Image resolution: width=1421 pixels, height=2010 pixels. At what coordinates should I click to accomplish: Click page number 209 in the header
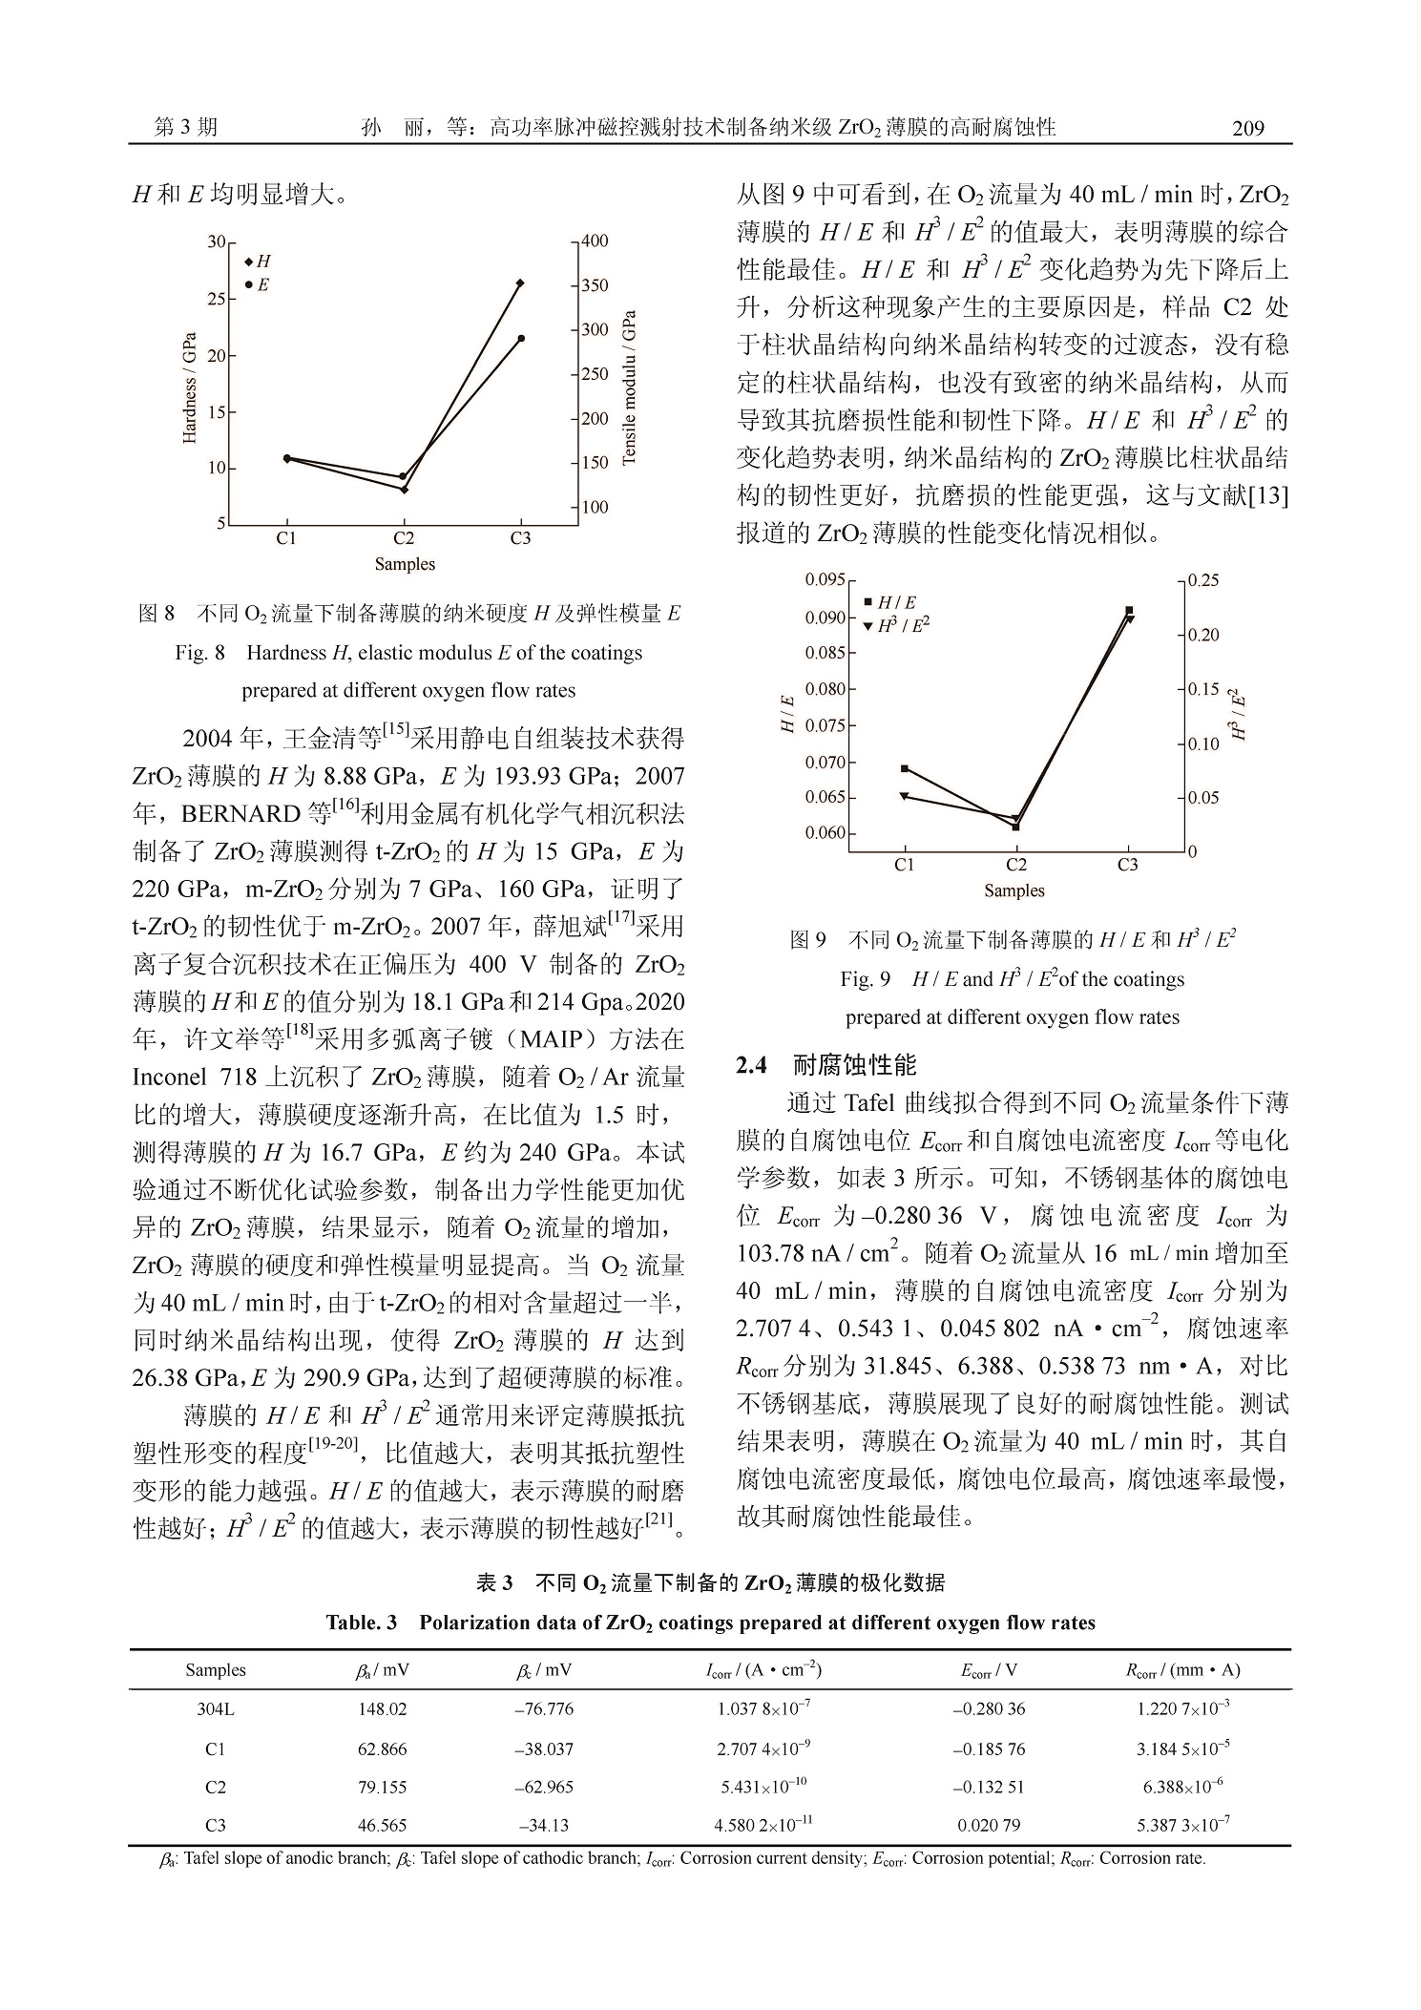tap(1247, 129)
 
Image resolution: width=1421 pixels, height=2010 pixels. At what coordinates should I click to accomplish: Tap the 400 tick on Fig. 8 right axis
tap(595, 241)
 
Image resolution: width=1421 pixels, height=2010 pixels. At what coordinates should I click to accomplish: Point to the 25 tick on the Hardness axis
tap(217, 300)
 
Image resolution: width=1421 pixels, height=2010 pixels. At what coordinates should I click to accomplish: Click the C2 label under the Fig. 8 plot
tap(404, 538)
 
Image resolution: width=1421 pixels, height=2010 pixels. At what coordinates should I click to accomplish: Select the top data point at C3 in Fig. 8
tap(520, 283)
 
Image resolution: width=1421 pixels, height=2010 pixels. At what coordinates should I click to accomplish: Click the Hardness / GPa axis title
tap(190, 387)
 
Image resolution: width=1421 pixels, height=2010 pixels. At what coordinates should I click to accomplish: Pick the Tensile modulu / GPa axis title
tap(628, 387)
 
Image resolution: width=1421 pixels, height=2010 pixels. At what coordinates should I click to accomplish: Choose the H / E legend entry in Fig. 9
tap(891, 602)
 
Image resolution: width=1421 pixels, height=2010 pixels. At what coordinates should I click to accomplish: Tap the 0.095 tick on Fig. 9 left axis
tap(825, 580)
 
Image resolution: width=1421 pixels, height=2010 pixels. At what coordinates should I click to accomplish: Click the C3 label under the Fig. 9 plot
tap(1128, 865)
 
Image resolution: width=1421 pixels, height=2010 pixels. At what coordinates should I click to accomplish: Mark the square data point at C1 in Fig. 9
tap(905, 768)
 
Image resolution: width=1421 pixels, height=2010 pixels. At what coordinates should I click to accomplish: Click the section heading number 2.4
tap(751, 1066)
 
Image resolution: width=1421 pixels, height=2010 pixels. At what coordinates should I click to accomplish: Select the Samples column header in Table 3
tap(216, 1670)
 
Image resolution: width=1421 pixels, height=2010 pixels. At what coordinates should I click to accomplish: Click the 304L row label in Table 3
tap(216, 1709)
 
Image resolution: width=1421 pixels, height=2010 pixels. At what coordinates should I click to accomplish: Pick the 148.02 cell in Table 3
tap(382, 1709)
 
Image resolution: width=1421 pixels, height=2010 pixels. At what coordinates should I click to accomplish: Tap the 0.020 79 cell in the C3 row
tap(989, 1826)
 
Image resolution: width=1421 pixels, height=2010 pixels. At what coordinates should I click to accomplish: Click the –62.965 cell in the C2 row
tap(544, 1787)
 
